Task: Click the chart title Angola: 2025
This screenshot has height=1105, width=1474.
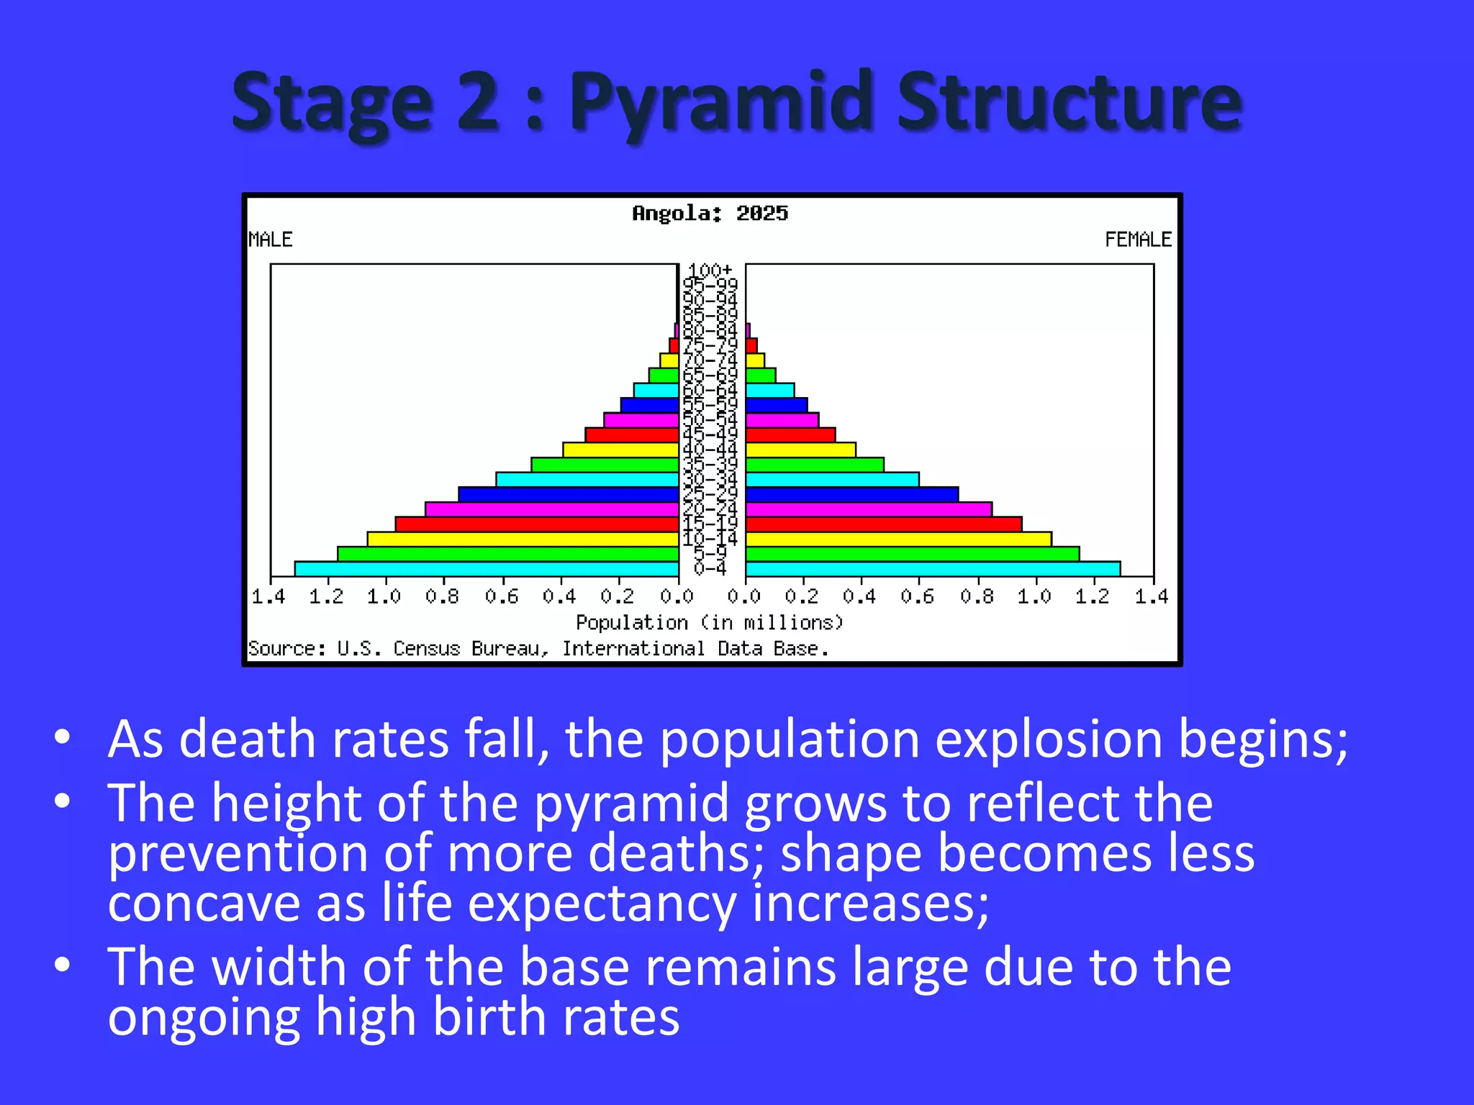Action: (x=710, y=213)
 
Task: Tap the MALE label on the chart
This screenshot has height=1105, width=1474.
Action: (x=271, y=240)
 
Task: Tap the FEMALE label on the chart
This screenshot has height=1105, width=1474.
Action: (x=1138, y=240)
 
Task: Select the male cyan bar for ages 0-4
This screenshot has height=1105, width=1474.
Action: (x=487, y=569)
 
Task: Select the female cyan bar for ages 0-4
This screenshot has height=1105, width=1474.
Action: (x=933, y=569)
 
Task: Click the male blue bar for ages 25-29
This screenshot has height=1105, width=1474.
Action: (x=569, y=494)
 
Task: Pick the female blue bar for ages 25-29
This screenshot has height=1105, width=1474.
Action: (x=852, y=494)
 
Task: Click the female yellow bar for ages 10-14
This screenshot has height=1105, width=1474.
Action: (x=898, y=539)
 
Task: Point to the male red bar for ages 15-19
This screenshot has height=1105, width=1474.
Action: (x=537, y=524)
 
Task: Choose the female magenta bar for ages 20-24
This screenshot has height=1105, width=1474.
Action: (x=869, y=509)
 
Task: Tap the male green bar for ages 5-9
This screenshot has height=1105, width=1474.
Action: (x=508, y=554)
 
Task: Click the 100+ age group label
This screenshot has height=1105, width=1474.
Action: (x=710, y=270)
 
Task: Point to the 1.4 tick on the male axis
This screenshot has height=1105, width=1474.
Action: (x=268, y=596)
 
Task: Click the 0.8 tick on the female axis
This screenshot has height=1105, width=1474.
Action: (x=977, y=596)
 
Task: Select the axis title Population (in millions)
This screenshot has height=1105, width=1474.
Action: (x=710, y=622)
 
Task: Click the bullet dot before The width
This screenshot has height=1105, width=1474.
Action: (x=63, y=965)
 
